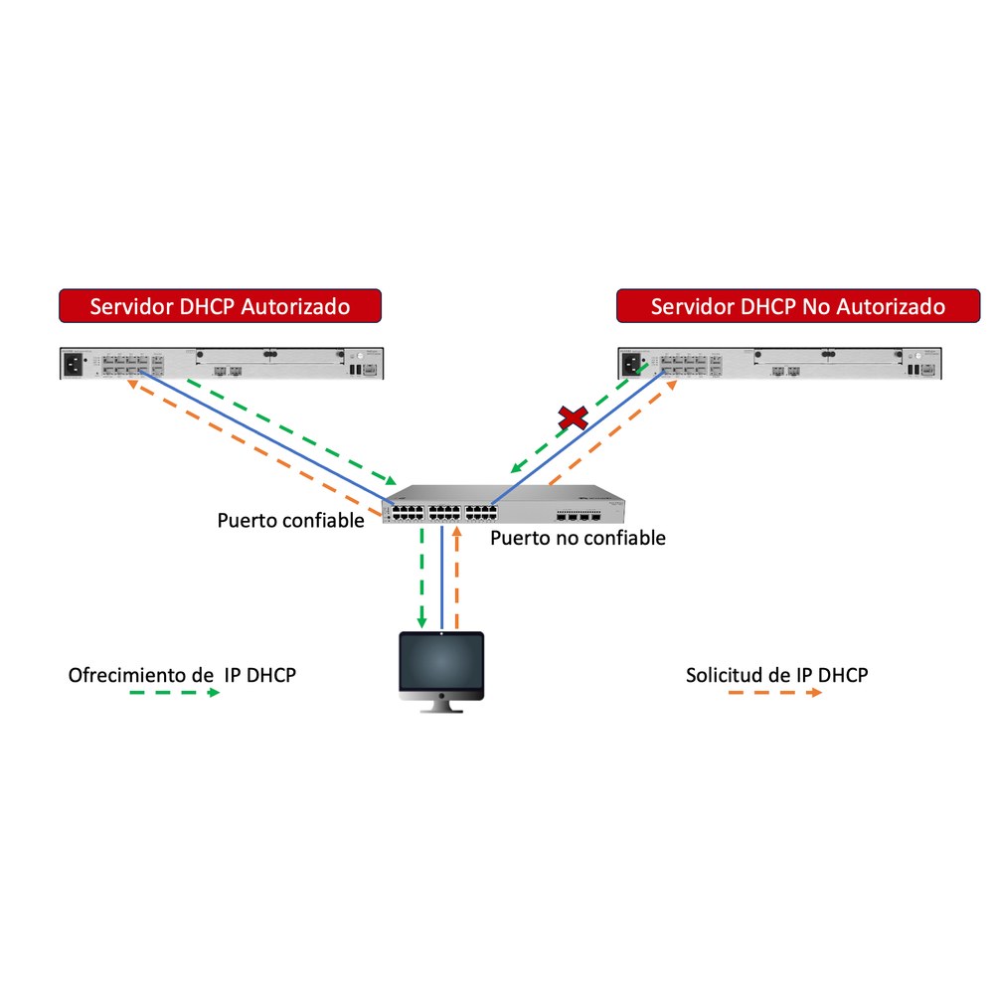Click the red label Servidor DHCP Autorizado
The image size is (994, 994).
coord(220,306)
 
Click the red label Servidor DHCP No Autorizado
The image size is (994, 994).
coord(798,306)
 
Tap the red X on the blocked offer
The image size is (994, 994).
coord(574,418)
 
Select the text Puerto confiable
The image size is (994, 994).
coord(290,521)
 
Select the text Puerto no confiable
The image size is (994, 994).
coord(578,538)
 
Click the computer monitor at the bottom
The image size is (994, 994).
coord(441,672)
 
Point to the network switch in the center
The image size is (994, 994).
coord(503,504)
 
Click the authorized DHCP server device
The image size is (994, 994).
coord(222,363)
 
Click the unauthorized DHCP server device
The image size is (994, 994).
coord(779,363)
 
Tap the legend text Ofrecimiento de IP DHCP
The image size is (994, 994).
coord(182,675)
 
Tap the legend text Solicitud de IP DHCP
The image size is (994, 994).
coord(776,675)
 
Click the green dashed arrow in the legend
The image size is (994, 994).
coord(174,693)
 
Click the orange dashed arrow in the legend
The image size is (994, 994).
coord(775,693)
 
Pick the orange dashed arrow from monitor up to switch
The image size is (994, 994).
coord(456,577)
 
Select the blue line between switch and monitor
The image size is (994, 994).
coord(442,579)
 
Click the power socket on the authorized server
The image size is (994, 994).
coord(74,365)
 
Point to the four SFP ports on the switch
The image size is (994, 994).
coord(579,518)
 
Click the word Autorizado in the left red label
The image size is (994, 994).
coord(295,306)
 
